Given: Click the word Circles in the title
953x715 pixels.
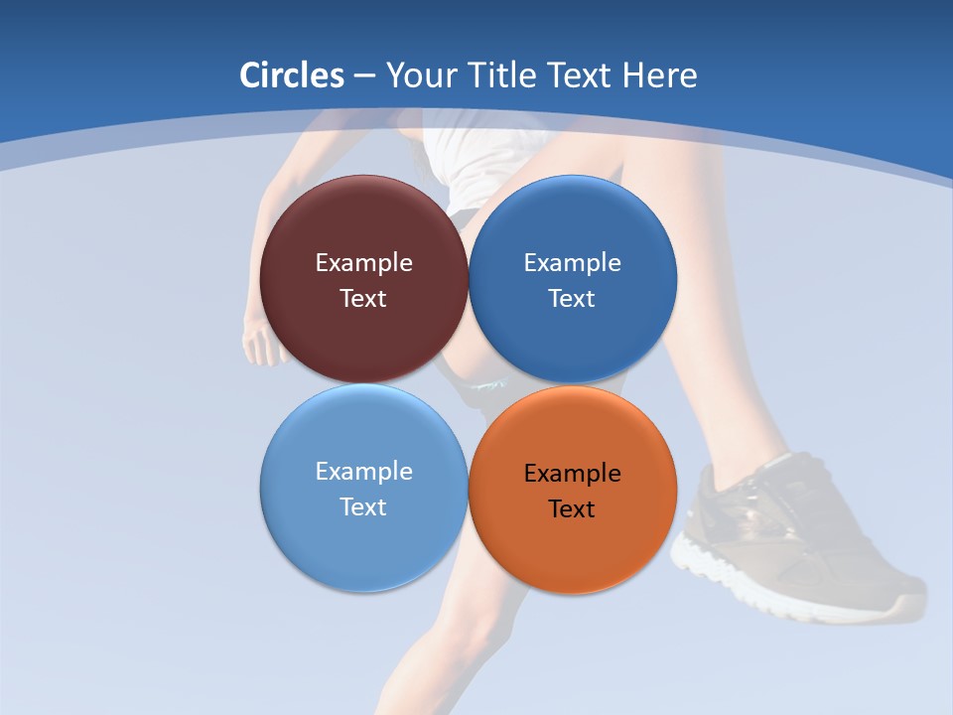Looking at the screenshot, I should click(x=291, y=75).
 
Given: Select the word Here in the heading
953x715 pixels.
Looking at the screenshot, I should click(x=659, y=75).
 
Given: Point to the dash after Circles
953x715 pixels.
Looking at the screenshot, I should click(x=364, y=76).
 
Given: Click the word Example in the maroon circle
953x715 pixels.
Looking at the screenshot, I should click(x=363, y=263).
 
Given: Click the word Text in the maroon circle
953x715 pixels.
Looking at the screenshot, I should click(x=363, y=299).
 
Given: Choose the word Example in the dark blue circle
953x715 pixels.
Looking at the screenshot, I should click(x=572, y=263).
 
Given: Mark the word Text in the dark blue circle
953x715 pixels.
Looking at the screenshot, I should click(x=572, y=299).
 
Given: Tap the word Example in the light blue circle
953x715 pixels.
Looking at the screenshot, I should click(x=363, y=472).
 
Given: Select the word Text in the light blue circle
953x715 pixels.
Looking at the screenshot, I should click(x=363, y=507).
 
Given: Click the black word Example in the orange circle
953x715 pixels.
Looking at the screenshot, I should click(x=572, y=474).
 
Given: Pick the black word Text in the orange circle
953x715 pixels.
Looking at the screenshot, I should click(x=572, y=509).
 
